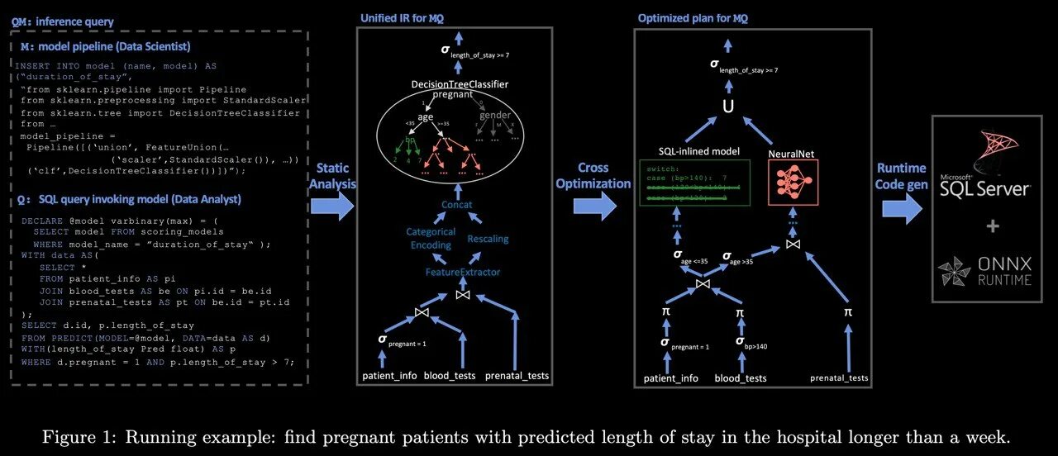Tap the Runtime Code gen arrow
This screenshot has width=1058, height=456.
click(901, 207)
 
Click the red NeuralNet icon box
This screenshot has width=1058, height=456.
click(793, 183)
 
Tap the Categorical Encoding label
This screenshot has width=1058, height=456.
click(431, 239)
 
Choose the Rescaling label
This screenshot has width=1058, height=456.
click(488, 239)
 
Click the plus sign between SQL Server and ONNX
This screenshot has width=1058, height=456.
click(992, 226)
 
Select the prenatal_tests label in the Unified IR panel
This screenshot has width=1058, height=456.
click(516, 377)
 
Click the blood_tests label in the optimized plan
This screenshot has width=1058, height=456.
click(740, 378)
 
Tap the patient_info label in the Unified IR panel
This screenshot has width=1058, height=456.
click(389, 377)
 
